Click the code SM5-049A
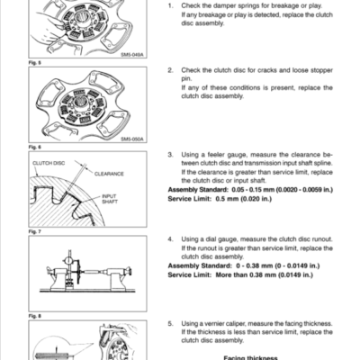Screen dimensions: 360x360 [x=132, y=54]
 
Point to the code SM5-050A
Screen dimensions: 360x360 [x=132, y=139]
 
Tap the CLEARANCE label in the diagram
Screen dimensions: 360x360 [x=107, y=173]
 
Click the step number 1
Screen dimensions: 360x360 [x=171, y=6]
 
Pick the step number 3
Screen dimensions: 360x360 [x=171, y=154]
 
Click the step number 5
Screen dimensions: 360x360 [x=171, y=322]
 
